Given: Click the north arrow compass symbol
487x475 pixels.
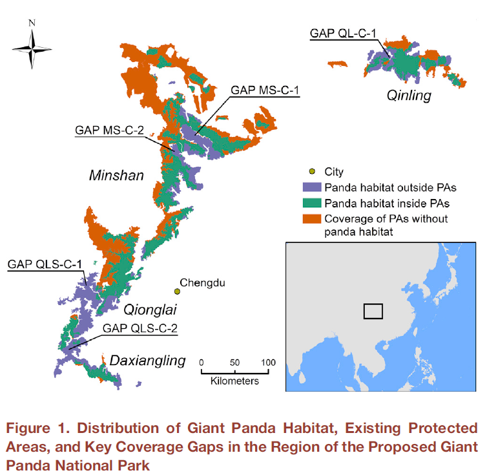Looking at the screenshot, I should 32,48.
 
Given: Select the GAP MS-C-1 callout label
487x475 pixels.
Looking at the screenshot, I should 265,90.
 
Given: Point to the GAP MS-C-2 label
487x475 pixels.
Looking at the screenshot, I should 109,130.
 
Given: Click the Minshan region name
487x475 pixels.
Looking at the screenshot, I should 116,176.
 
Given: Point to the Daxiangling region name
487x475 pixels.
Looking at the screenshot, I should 147,360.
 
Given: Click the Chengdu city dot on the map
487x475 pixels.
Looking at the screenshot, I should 177,291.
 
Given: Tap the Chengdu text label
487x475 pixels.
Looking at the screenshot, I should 203,282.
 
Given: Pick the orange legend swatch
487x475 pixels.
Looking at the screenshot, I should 313,218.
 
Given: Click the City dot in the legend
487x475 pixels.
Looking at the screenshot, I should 313,172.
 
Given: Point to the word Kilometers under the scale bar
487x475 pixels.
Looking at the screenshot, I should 234,381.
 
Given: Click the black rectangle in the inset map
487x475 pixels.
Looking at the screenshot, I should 373,311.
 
